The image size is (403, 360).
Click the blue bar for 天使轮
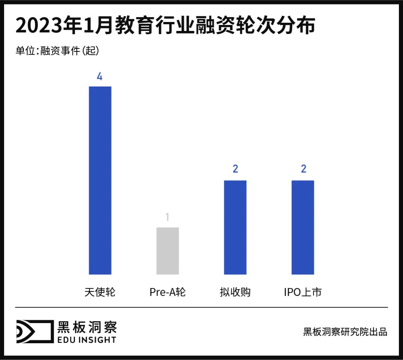pyautogui.click(x=100, y=180)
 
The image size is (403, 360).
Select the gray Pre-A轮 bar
pyautogui.click(x=168, y=251)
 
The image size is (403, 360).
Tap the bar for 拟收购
pyautogui.click(x=235, y=227)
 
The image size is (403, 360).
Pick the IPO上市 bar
pyautogui.click(x=303, y=227)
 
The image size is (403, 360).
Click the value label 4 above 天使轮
pyautogui.click(x=100, y=76)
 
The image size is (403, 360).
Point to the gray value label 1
pyautogui.click(x=168, y=217)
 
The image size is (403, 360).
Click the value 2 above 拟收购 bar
pyautogui.click(x=235, y=169)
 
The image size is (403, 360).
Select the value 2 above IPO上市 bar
pyautogui.click(x=303, y=169)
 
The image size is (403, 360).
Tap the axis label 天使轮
pyautogui.click(x=100, y=292)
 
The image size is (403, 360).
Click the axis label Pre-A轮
pyautogui.click(x=168, y=292)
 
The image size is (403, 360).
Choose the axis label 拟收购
pyautogui.click(x=235, y=292)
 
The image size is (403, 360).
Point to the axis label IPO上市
pyautogui.click(x=303, y=292)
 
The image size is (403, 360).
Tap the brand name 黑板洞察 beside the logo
pyautogui.click(x=87, y=326)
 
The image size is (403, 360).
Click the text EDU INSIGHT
pyautogui.click(x=87, y=339)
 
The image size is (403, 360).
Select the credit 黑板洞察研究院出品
pyautogui.click(x=345, y=332)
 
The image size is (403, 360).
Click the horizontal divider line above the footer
pyautogui.click(x=201, y=307)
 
